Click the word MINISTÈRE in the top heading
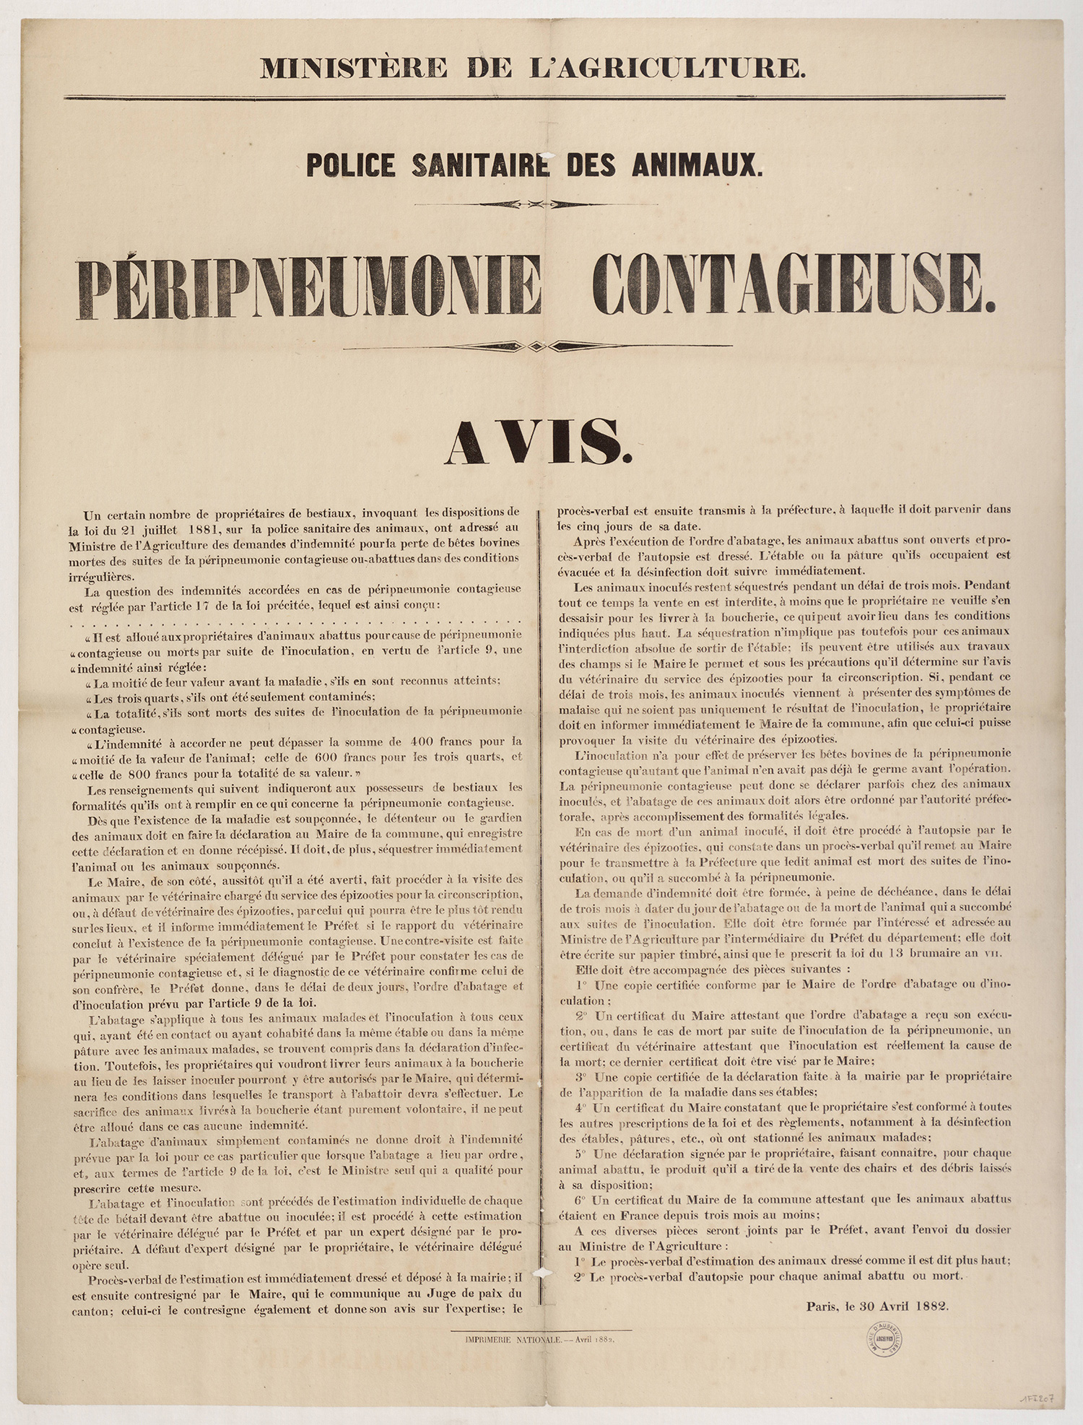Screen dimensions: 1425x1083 pyautogui.click(x=354, y=69)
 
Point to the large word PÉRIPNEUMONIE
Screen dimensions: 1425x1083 pyautogui.click(x=309, y=287)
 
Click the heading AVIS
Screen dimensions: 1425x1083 pyautogui.click(x=539, y=442)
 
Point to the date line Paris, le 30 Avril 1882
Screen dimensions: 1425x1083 pyautogui.click(x=877, y=1305)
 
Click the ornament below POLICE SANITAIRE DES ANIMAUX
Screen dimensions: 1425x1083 pyautogui.click(x=536, y=204)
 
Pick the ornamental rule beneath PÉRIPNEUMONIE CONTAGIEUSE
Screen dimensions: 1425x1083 pyautogui.click(x=537, y=347)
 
